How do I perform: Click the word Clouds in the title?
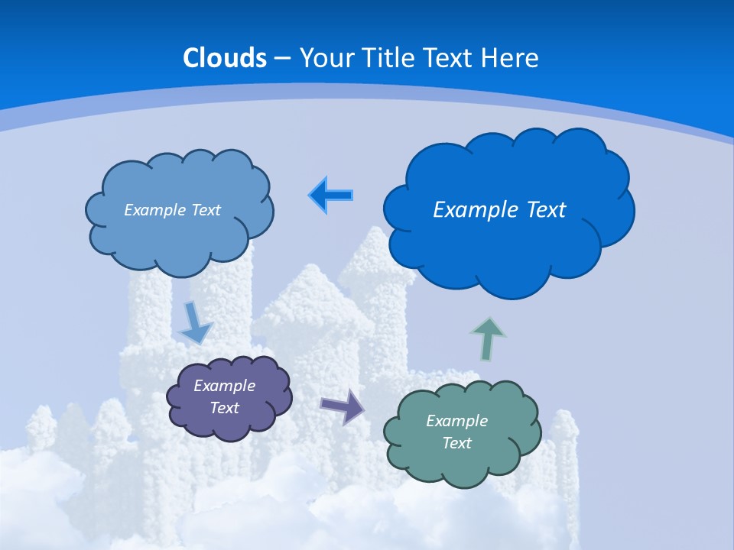click(225, 58)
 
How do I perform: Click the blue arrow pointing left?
click(330, 196)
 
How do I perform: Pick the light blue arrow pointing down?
click(194, 324)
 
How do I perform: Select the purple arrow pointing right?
click(343, 406)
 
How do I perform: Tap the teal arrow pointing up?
click(488, 338)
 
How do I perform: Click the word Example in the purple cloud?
click(224, 386)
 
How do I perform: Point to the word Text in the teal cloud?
click(456, 443)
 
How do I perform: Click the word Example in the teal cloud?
click(456, 421)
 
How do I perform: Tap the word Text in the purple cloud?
click(224, 408)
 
